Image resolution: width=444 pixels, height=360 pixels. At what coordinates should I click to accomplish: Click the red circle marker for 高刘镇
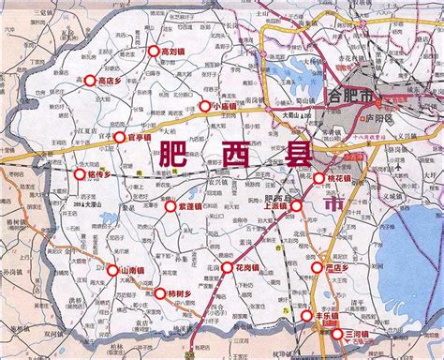point(152,52)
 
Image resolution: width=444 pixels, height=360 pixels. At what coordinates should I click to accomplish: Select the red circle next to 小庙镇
point(205,106)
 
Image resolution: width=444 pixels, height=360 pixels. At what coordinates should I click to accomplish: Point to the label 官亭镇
point(139,137)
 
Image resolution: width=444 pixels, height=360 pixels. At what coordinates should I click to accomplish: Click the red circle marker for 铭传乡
point(80,173)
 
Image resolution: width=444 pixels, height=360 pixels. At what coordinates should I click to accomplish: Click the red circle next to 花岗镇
point(228,267)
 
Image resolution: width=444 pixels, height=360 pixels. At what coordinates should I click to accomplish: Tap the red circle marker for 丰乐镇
point(306,317)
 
